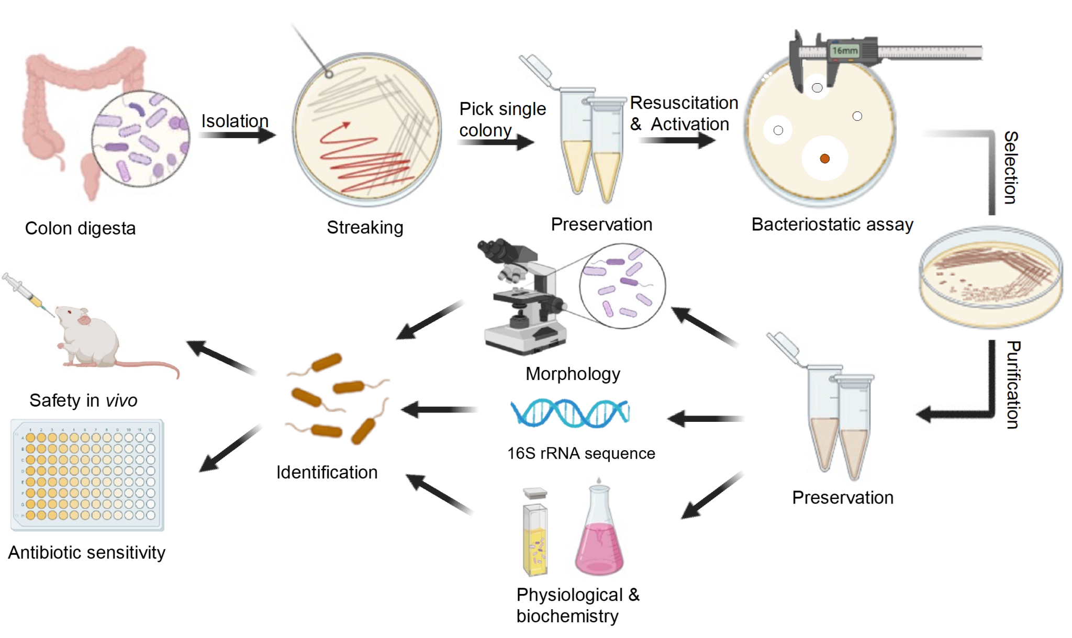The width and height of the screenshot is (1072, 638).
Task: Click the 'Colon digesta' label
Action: point(80,228)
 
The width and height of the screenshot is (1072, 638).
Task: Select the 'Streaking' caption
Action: point(365,227)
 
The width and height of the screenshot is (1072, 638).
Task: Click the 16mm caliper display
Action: point(845,51)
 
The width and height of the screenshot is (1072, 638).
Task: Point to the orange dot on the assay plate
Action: point(825,159)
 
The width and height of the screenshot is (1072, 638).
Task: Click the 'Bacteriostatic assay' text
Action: point(832,225)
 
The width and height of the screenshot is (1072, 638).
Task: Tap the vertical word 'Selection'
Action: point(1010,167)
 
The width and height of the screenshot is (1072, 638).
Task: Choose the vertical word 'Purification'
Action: point(1013,385)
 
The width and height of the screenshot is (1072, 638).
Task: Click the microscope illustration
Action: point(523,298)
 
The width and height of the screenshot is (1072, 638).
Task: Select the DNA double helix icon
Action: point(570,413)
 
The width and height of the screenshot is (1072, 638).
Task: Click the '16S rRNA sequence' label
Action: point(581,453)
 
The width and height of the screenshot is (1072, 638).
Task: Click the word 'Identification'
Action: point(327,472)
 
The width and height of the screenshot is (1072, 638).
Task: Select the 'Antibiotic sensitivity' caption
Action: point(86,553)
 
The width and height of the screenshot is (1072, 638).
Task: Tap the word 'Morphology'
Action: point(573,374)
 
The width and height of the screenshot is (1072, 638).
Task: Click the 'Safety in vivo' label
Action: point(83,400)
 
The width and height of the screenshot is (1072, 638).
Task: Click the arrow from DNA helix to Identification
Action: point(440,409)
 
